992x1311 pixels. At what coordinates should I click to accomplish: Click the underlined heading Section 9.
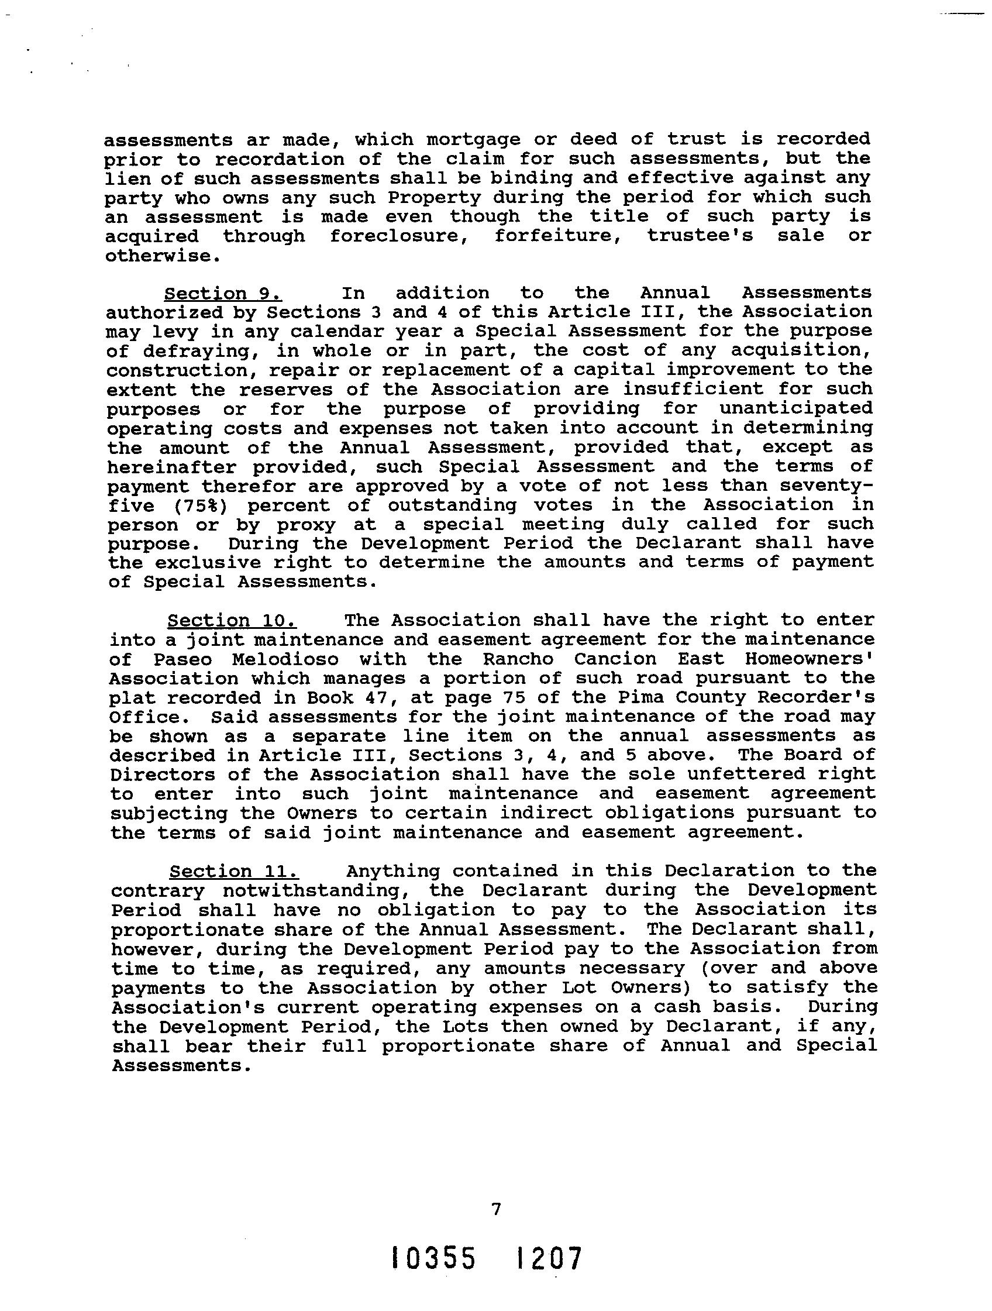[x=222, y=293]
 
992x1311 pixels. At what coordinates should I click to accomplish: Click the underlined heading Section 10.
[x=232, y=621]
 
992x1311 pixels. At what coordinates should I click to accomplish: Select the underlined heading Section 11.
[x=233, y=871]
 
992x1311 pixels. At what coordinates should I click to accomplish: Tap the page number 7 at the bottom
[x=496, y=1209]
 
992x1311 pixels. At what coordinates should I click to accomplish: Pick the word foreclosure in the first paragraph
[x=400, y=236]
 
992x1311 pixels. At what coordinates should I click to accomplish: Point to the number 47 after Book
[x=377, y=697]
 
